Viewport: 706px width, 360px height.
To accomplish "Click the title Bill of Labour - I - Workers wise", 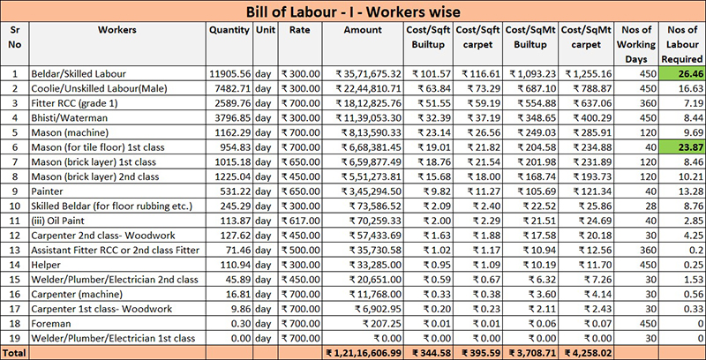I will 353,10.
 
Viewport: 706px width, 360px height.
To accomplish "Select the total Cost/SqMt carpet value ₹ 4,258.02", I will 583,352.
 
